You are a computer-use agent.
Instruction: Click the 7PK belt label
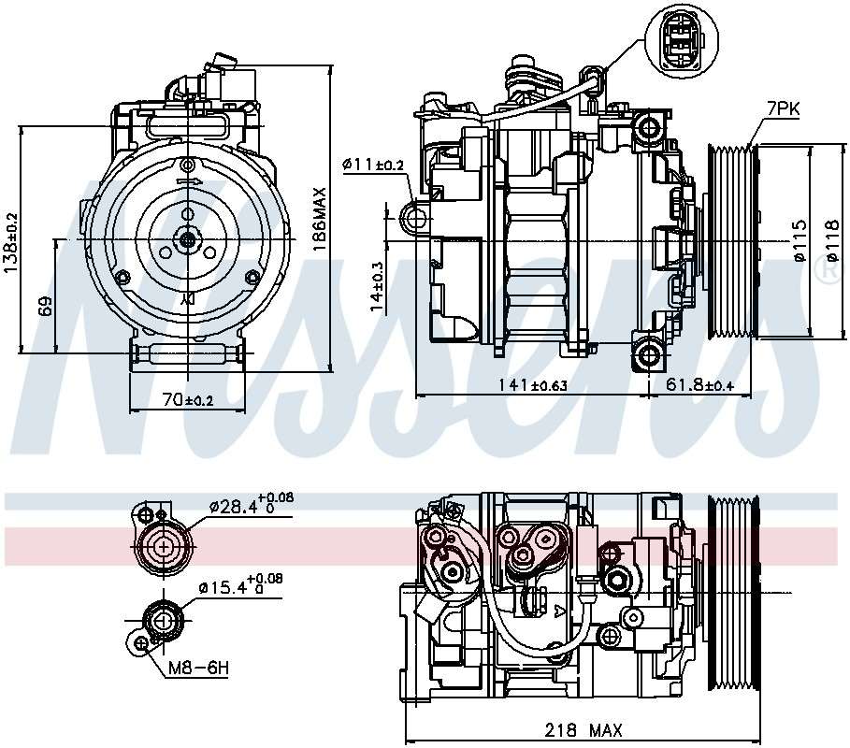tap(783, 109)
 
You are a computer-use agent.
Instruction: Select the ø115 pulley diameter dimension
tap(800, 240)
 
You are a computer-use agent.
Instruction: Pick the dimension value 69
tap(46, 305)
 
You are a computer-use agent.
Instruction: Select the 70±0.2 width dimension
tap(188, 399)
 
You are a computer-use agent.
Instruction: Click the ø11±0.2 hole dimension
tap(373, 165)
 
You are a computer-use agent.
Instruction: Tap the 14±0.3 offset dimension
tap(375, 285)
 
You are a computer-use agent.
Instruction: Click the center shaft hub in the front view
tap(188, 239)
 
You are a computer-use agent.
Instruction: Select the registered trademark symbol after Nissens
tap(827, 271)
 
